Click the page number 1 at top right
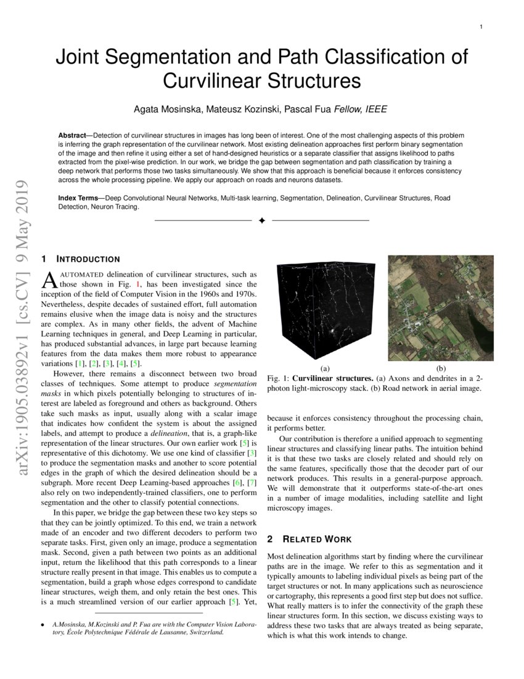tap(480, 27)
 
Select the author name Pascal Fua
tap(307, 109)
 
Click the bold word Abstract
tap(73, 135)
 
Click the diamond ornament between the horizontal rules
tap(261, 220)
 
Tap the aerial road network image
tap(440, 307)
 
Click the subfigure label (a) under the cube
tap(325, 368)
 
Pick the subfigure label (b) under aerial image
tap(440, 368)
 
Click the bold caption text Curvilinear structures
tap(340, 378)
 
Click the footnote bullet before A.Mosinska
tap(43, 624)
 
